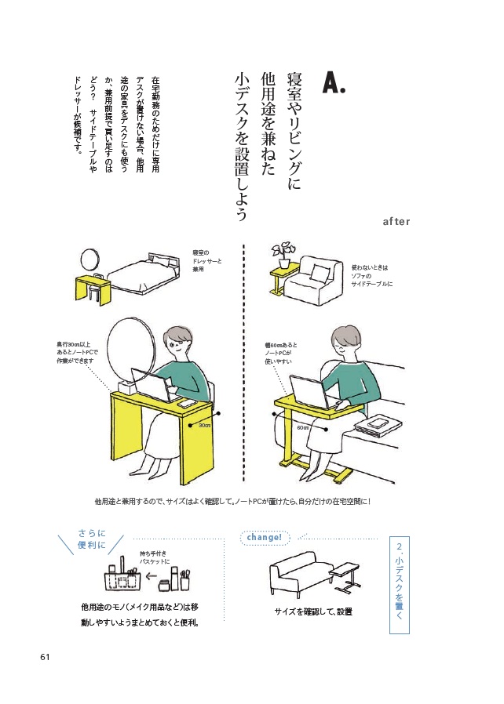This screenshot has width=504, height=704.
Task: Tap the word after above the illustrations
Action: click(x=396, y=221)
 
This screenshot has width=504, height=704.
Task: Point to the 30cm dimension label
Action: click(x=204, y=425)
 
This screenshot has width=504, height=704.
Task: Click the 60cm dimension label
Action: click(x=303, y=428)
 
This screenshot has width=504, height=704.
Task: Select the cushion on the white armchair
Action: click(x=320, y=274)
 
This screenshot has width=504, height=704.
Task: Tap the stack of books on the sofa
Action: click(x=374, y=423)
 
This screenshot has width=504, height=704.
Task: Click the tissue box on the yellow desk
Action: click(x=126, y=390)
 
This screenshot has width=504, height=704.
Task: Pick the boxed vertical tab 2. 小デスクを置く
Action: click(x=400, y=583)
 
